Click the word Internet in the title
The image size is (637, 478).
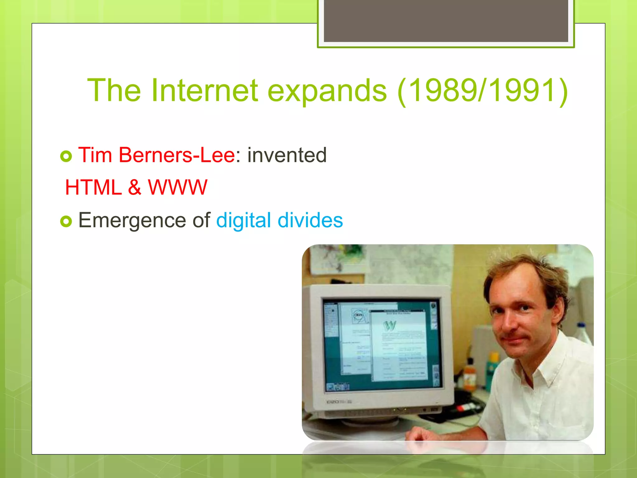point(204,91)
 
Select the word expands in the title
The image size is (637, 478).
point(327,91)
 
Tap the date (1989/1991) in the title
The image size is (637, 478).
point(482,91)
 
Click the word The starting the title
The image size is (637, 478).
point(114,91)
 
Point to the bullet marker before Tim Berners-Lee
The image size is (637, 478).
point(66,156)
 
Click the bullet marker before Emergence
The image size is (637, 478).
point(66,222)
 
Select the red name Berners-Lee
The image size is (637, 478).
point(177,155)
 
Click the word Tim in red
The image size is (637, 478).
point(95,155)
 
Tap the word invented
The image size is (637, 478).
point(287,155)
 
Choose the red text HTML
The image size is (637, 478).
point(93,188)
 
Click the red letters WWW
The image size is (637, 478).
point(177,188)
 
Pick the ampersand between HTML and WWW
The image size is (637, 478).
point(134,188)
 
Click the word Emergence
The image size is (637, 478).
point(132,220)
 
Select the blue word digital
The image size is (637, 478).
point(244,220)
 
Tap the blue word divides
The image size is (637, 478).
point(310,220)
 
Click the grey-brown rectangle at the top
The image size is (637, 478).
point(446,21)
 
